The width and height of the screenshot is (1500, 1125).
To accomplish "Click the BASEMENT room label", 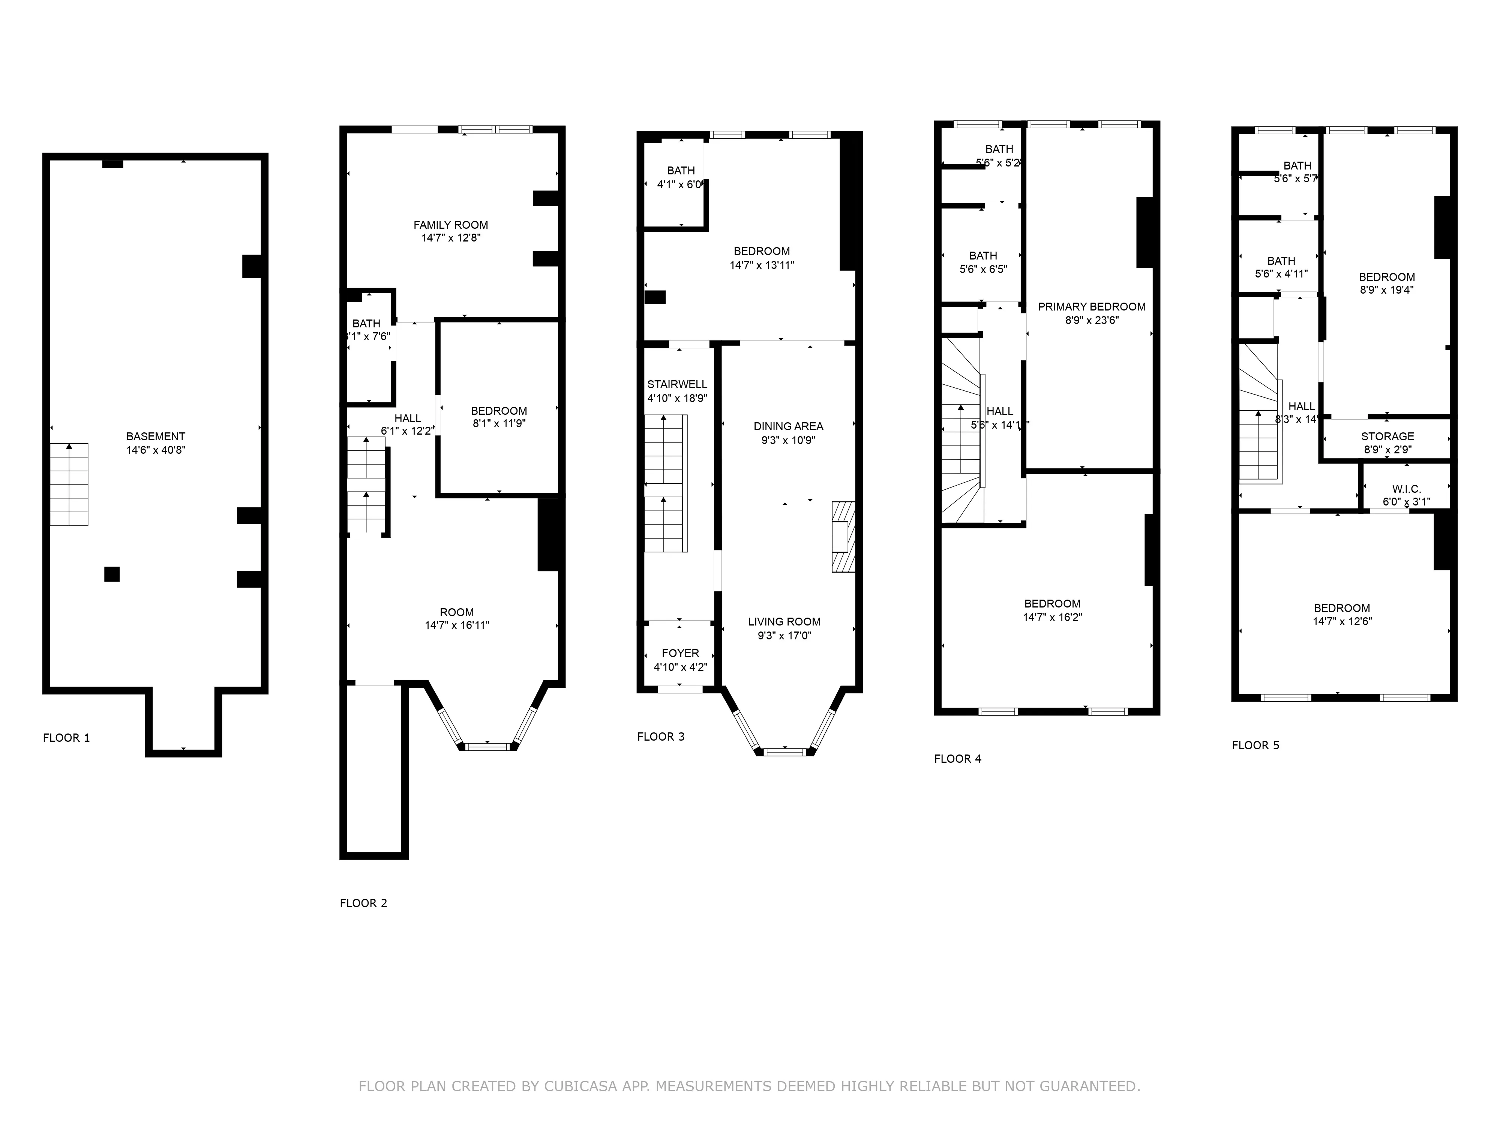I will pos(155,436).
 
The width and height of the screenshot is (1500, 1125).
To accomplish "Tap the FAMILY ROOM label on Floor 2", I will pos(450,225).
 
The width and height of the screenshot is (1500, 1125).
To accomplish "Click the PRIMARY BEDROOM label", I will pos(1091,306).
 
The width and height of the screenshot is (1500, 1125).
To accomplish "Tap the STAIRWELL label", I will pos(677,384).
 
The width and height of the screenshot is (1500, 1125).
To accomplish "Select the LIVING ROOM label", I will pos(784,621).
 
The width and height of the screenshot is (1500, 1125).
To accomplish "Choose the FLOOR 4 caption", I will pos(957,759).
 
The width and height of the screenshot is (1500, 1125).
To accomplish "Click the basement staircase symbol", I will pos(69,484).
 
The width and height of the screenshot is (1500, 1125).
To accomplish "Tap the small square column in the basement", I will pos(112,574).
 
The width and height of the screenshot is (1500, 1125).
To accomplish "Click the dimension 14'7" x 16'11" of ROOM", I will pos(456,625).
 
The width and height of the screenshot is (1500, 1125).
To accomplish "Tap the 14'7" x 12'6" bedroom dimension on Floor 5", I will pos(1341,621).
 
